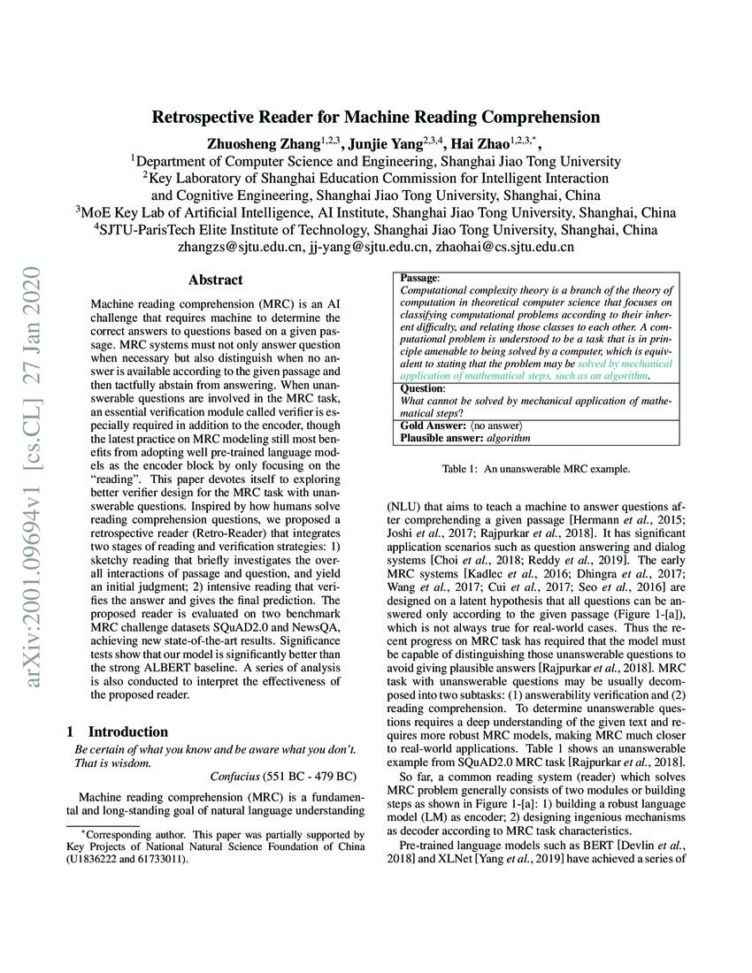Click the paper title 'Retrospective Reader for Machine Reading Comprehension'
pos(376,117)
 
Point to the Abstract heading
pos(215,280)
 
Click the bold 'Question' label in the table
pos(422,387)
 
